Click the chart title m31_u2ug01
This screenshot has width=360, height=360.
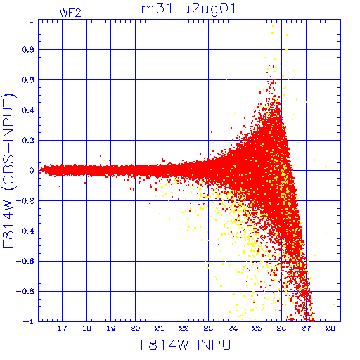[x=188, y=10]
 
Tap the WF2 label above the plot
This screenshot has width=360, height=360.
[x=70, y=13]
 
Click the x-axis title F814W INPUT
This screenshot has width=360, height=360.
[x=190, y=345]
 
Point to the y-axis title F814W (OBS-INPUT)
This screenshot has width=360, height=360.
[x=8, y=170]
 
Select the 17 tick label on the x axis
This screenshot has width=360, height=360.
[x=63, y=328]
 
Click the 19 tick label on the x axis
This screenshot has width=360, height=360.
[x=111, y=328]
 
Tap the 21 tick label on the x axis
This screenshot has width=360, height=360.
[x=160, y=328]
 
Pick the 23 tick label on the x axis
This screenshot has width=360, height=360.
[x=208, y=328]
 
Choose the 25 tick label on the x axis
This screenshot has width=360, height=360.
[x=257, y=328]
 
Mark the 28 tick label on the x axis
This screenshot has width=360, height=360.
[x=330, y=328]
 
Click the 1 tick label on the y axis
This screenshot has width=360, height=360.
[x=32, y=20]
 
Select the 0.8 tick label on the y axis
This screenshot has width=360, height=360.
[x=28, y=50]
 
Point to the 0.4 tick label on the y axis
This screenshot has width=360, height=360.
[x=28, y=110]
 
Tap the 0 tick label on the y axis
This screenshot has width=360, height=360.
[x=32, y=170]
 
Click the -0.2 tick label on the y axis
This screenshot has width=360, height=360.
[x=25, y=201]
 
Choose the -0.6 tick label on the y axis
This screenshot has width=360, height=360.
[x=25, y=261]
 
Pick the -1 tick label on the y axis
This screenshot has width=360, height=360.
[x=28, y=321]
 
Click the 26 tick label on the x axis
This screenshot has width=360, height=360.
[x=281, y=328]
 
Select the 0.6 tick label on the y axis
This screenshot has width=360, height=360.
[x=28, y=80]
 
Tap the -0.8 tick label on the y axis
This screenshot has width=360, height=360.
[x=25, y=291]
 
